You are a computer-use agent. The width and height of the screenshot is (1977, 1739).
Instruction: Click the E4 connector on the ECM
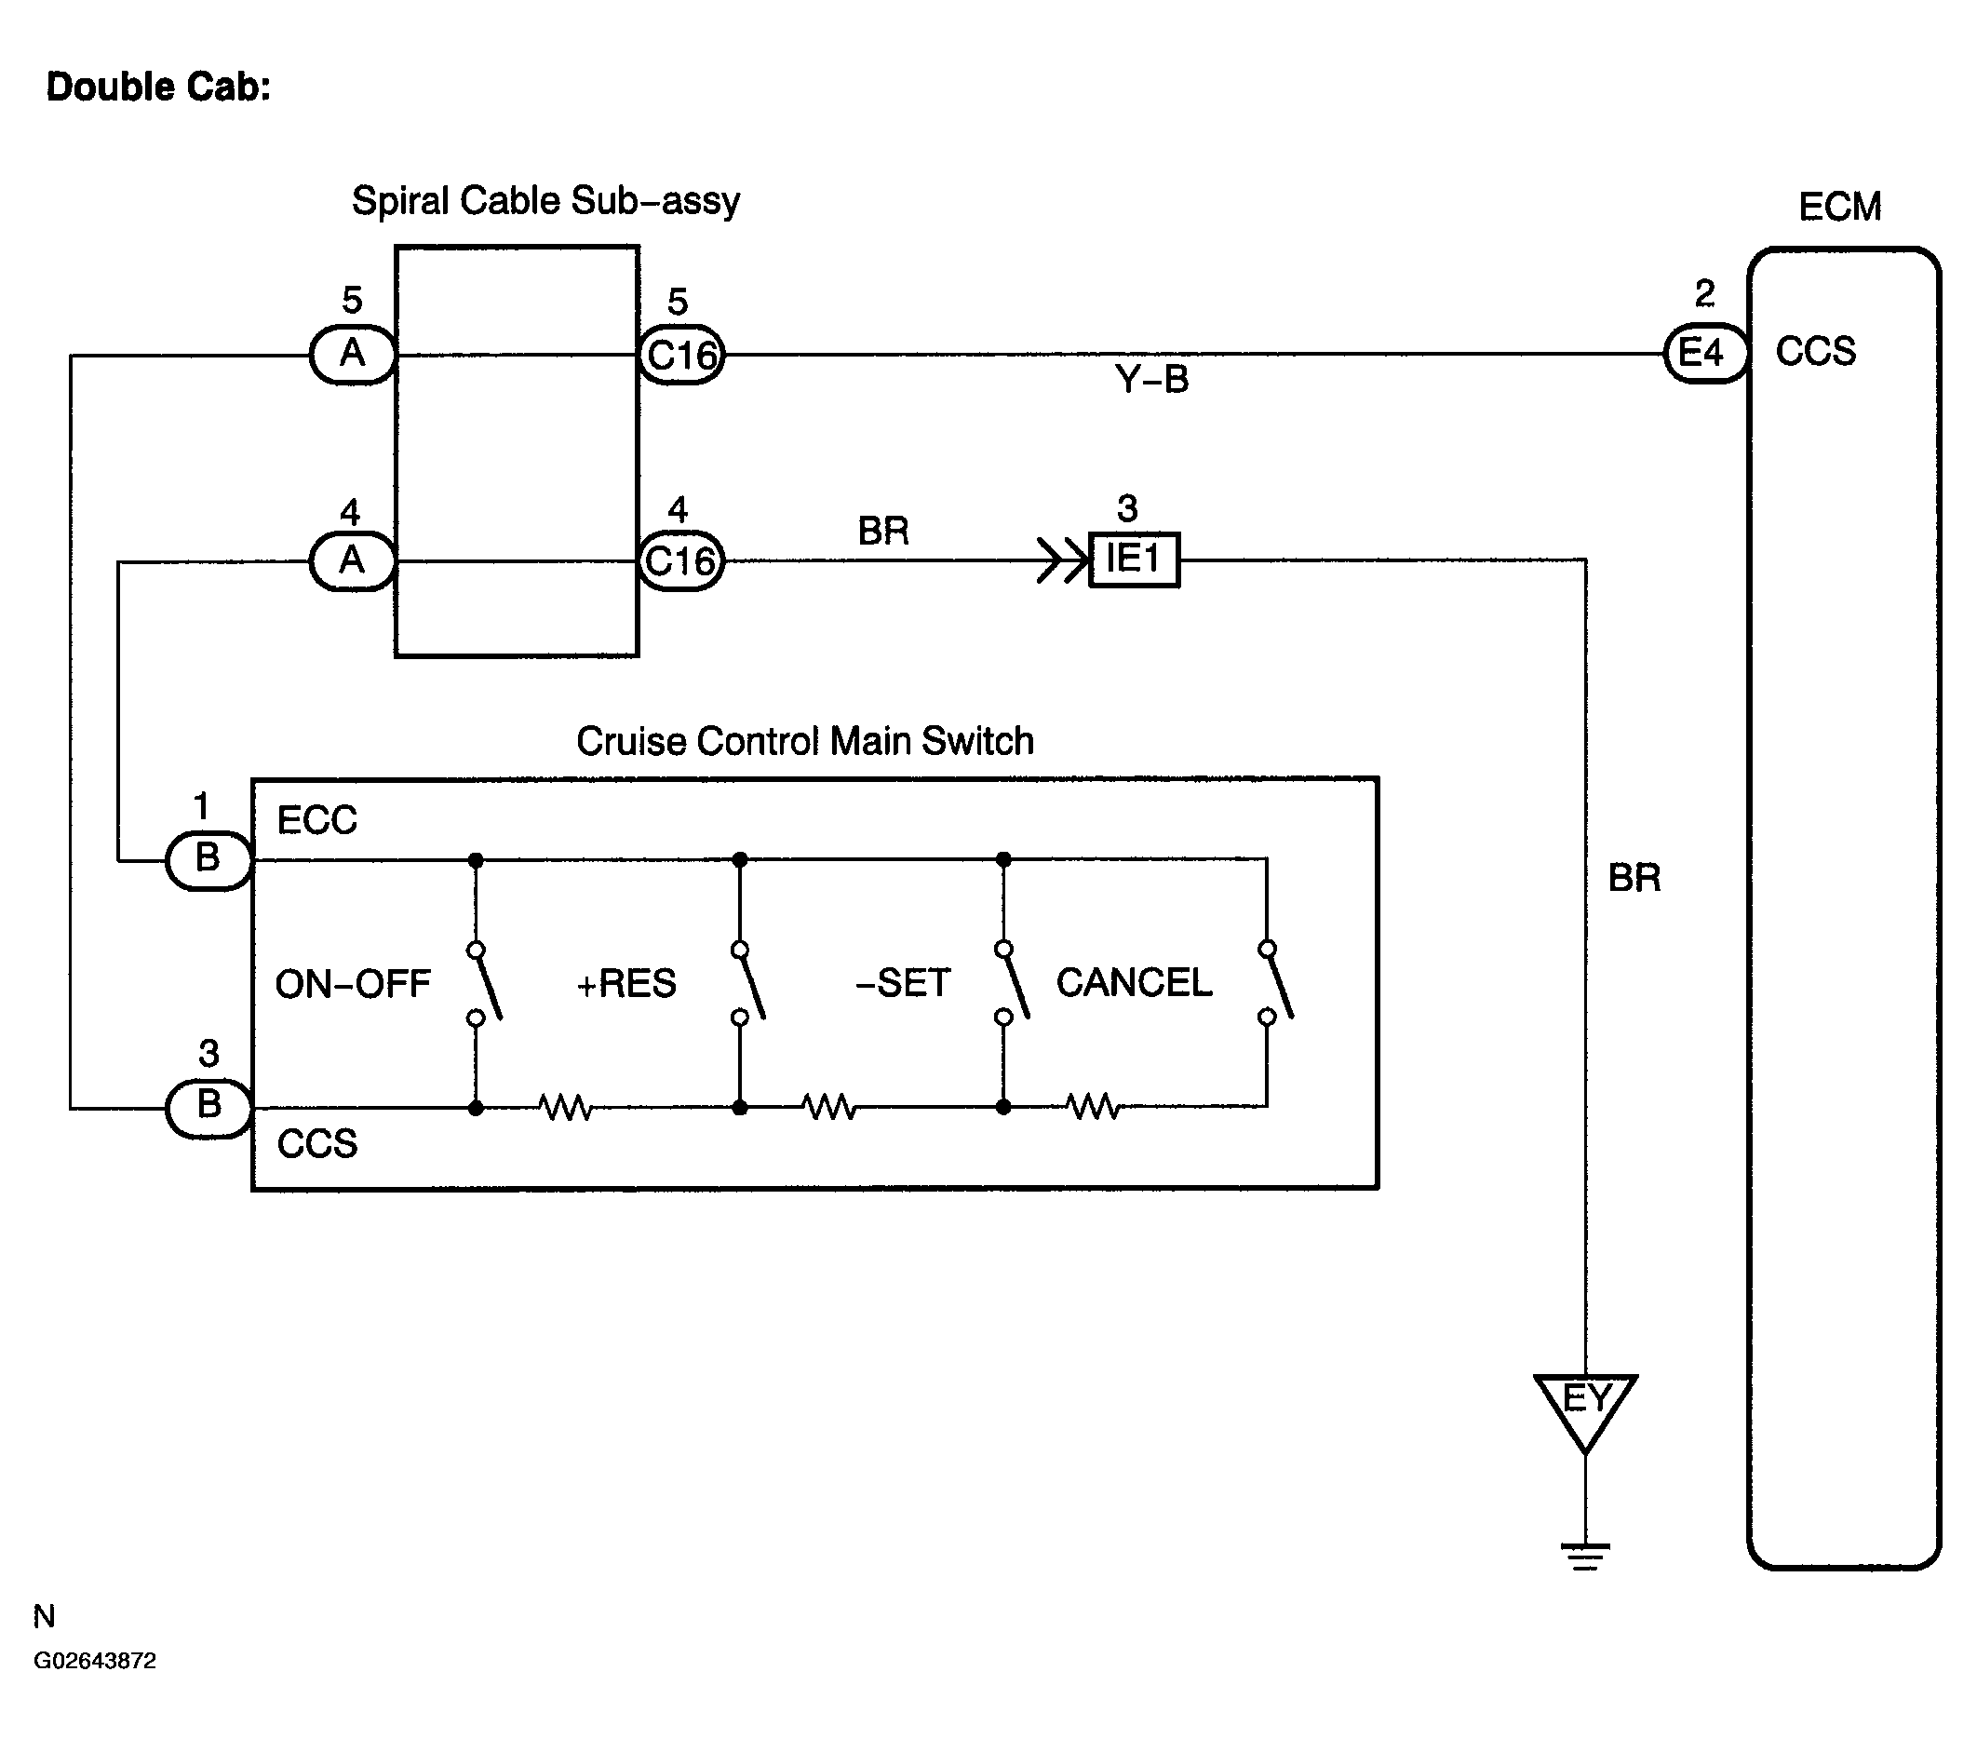click(x=1704, y=354)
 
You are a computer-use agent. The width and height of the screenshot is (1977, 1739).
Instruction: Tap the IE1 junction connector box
click(x=1134, y=559)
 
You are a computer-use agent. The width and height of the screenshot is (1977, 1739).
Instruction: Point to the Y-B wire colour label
click(x=1151, y=379)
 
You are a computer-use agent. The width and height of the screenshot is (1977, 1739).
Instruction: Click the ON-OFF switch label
click(x=352, y=985)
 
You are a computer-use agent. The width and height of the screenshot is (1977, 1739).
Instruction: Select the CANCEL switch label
click(x=1134, y=983)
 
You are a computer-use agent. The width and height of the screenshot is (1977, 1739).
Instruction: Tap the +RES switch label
click(x=625, y=984)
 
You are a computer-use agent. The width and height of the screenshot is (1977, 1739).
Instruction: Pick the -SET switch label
click(x=903, y=984)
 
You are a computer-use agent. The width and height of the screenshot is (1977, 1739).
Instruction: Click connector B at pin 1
click(x=208, y=859)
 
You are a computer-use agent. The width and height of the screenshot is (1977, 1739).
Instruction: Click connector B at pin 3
click(x=208, y=1108)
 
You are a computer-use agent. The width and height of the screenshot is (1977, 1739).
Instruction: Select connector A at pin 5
click(x=353, y=354)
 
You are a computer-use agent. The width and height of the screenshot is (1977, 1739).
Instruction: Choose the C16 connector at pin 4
click(x=681, y=561)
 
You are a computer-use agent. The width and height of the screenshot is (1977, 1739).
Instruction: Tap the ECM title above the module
click(x=1839, y=207)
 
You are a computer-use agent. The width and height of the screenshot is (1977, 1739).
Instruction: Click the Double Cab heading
click(x=158, y=88)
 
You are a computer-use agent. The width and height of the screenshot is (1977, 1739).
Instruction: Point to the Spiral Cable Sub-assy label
click(x=545, y=201)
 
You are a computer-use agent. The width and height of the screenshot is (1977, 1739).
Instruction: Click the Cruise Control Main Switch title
click(x=805, y=742)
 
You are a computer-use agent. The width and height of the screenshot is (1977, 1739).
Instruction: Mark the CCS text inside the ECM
click(x=1815, y=352)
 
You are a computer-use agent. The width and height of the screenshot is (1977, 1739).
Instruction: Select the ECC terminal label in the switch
click(x=317, y=821)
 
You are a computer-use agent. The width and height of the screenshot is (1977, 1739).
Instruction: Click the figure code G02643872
click(x=95, y=1661)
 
